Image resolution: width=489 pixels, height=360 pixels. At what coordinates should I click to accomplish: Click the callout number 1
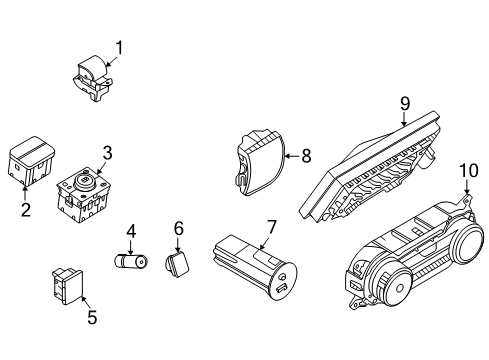[x=120, y=46]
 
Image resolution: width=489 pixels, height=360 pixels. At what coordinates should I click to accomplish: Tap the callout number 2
[x=25, y=209]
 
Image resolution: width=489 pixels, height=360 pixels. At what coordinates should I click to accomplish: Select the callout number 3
[x=107, y=152]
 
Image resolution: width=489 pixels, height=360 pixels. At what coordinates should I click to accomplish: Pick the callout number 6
[x=178, y=230]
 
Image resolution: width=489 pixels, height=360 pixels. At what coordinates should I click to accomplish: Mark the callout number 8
[x=306, y=155]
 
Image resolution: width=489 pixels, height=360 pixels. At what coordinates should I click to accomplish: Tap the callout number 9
[x=405, y=102]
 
